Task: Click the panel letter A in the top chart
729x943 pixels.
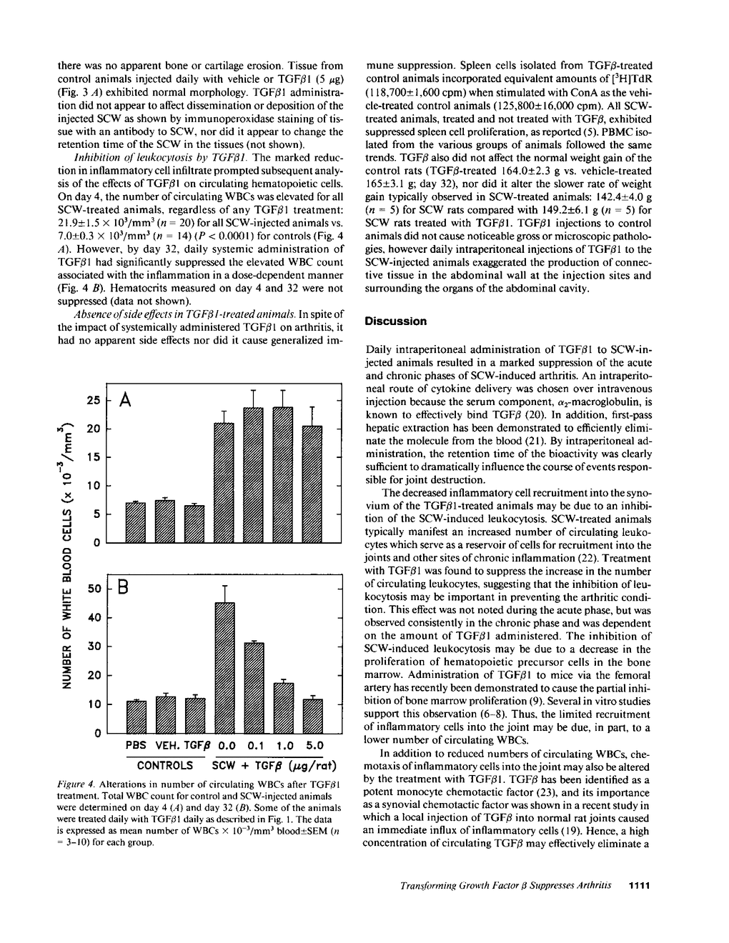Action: [124, 401]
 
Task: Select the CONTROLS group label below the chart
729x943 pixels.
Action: [164, 765]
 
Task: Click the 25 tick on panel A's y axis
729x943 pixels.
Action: [94, 401]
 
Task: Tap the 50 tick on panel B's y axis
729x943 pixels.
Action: [94, 589]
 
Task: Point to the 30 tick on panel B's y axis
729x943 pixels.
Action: [94, 647]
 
